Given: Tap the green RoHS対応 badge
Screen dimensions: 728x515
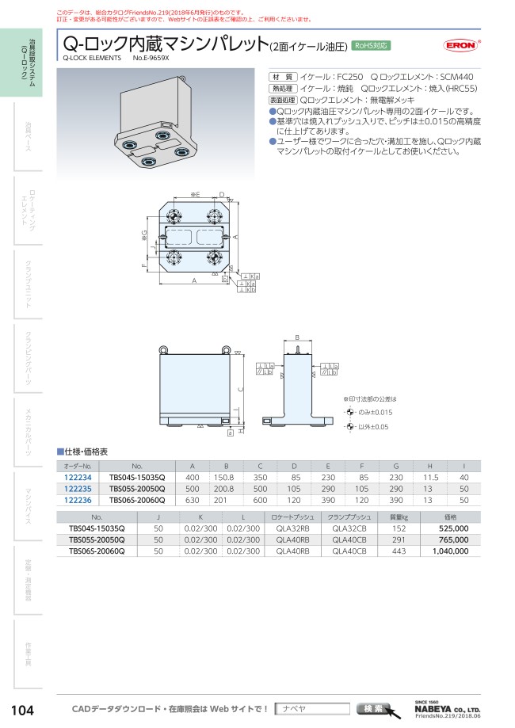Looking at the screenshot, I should (370, 45).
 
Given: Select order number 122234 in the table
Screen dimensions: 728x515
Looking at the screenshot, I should (78, 478).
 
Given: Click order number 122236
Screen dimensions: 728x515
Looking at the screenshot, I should (78, 500).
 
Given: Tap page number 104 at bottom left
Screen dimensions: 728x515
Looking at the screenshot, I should (21, 710).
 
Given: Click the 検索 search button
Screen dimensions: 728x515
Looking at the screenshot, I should (375, 708).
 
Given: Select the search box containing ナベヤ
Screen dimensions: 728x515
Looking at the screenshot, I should (314, 708).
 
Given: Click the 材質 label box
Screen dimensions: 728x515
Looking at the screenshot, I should (282, 76).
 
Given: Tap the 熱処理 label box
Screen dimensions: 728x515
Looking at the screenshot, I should (282, 88).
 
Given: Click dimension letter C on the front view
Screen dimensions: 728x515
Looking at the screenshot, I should (241, 389).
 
